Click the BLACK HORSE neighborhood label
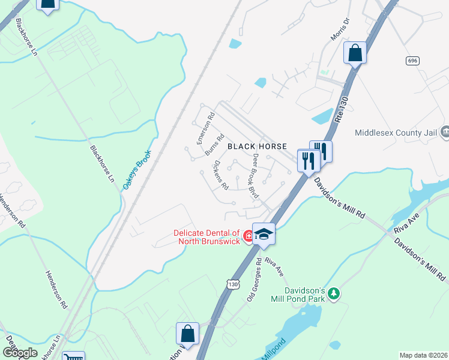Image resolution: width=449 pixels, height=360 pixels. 257,146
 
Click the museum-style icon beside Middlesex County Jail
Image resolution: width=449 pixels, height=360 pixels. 445,131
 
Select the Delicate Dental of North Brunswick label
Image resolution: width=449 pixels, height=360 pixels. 206,238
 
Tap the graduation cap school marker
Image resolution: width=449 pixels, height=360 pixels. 263,234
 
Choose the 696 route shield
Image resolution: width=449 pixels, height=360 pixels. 412,61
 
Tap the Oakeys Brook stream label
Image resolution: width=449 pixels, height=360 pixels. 137,170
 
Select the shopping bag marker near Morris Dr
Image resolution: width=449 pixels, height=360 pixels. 355,53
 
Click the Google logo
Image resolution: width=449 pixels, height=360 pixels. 20,352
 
